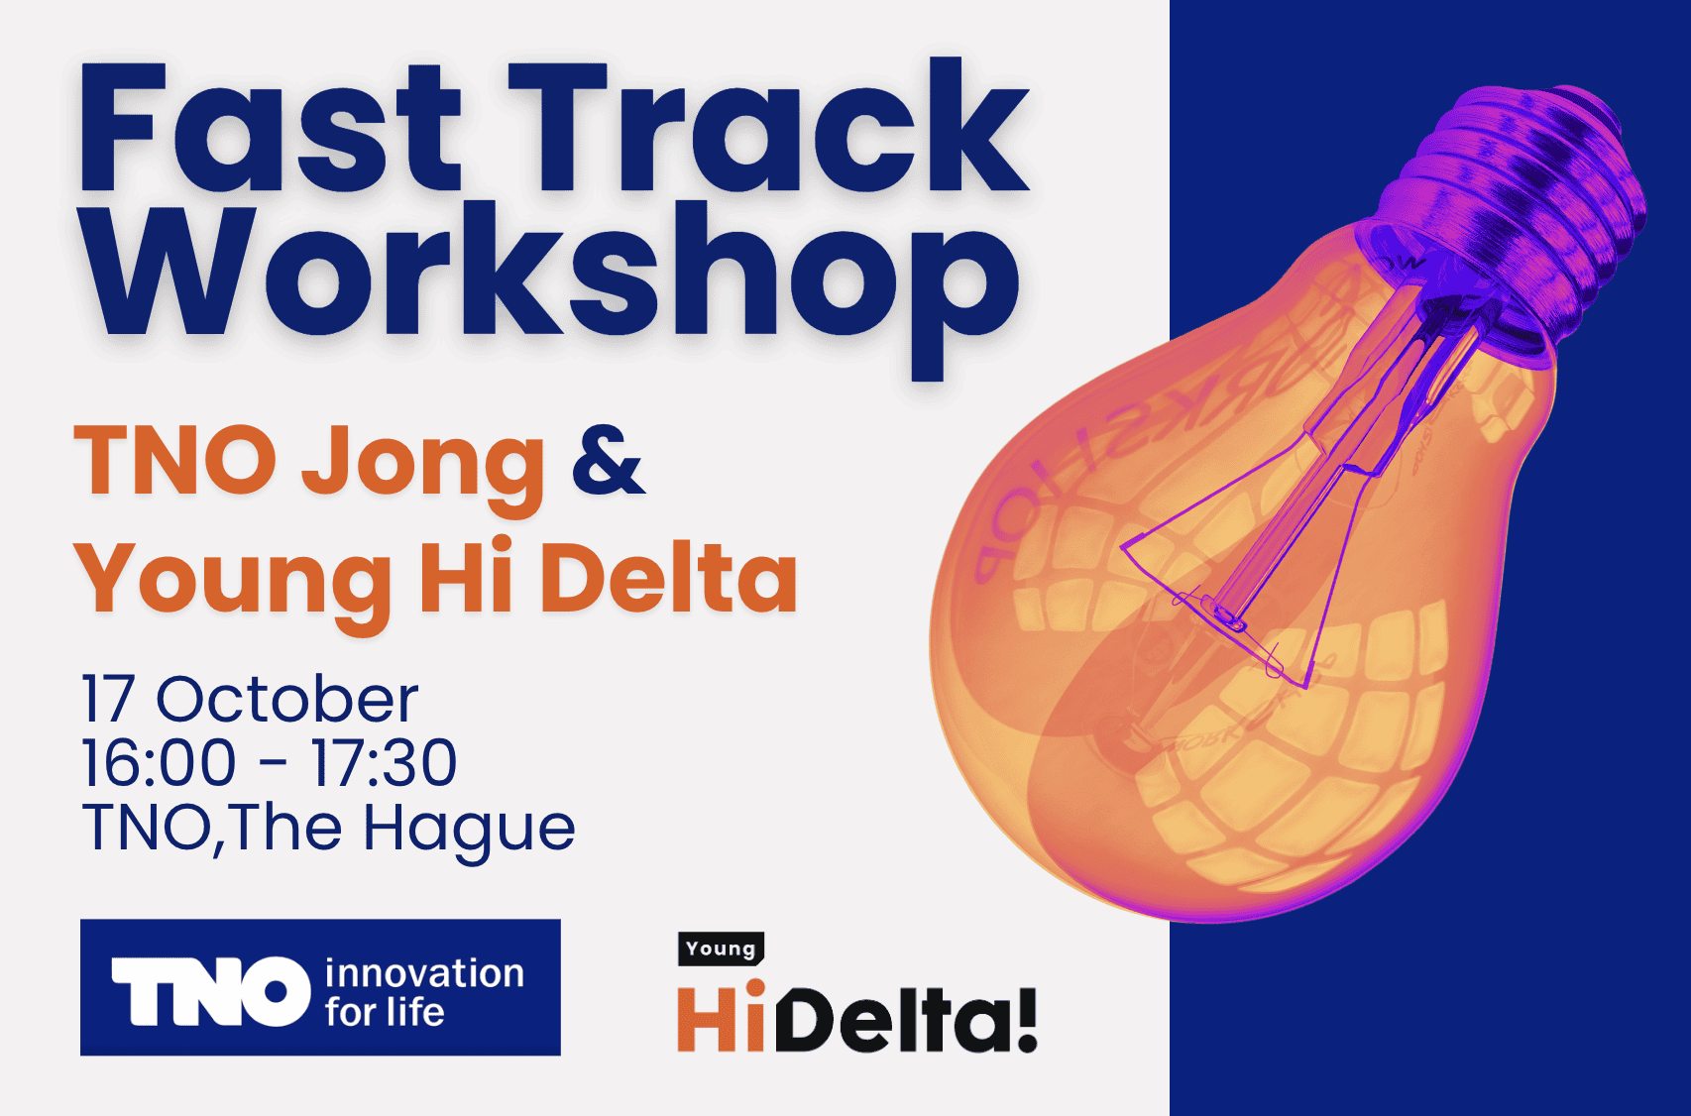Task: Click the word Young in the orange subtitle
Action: click(x=233, y=580)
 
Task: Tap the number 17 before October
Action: click(x=108, y=699)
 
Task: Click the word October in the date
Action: click(x=287, y=699)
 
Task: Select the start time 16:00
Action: click(x=159, y=763)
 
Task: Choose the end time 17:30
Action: click(x=384, y=763)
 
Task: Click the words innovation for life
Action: click(x=424, y=992)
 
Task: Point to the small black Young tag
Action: click(x=721, y=949)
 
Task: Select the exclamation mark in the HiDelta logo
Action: click(x=1026, y=1019)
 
